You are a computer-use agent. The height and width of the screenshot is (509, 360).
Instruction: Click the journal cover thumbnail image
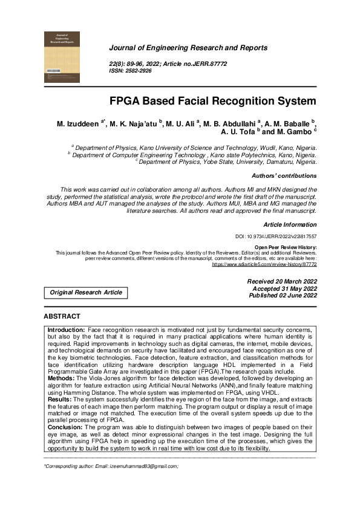tap(63, 57)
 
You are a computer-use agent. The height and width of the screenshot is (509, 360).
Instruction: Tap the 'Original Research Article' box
tap(86, 293)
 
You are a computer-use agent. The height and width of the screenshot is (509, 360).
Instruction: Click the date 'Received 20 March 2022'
tap(282, 282)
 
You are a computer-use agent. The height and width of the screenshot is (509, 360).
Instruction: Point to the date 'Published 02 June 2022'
tap(282, 296)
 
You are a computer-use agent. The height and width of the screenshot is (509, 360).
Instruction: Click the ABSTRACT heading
tap(62, 316)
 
